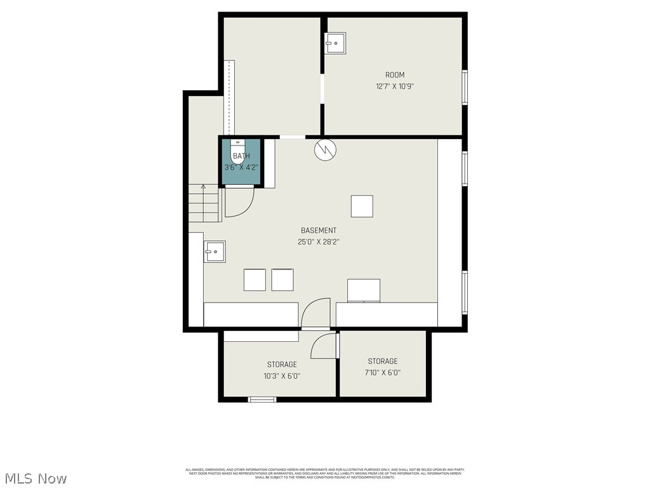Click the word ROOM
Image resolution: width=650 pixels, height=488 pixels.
coord(394,75)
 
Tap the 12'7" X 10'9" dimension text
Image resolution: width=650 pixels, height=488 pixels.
coord(394,86)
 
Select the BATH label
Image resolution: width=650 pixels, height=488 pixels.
coord(241,156)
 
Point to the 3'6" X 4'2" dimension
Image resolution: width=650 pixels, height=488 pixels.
coord(241,168)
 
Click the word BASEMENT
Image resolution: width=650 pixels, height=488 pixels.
coord(319,231)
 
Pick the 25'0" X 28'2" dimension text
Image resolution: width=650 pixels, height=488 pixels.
coord(319,242)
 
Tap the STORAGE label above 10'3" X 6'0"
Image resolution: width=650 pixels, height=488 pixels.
coord(282,365)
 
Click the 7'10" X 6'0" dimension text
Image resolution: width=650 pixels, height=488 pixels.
coord(382,373)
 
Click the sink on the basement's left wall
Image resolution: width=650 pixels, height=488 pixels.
coord(215,252)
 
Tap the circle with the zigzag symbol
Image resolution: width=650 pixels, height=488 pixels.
coord(324,150)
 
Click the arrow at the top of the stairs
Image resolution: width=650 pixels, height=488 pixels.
coord(203,187)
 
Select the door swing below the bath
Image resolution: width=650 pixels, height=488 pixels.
coord(239,202)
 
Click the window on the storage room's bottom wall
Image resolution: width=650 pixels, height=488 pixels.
coord(262,400)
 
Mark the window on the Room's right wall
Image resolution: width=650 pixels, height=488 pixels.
coord(465,87)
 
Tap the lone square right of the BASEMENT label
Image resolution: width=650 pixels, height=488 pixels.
coord(362,207)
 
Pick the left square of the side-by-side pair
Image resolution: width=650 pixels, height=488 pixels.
coord(255,280)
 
